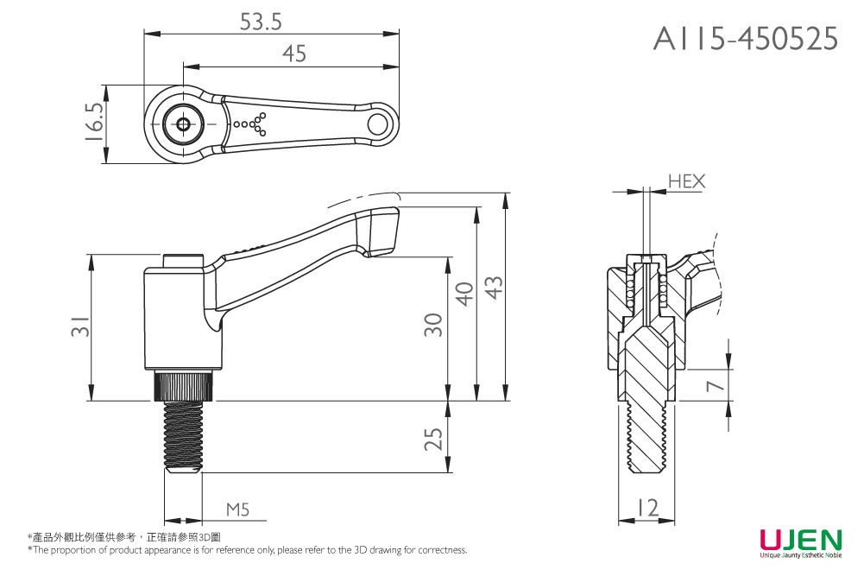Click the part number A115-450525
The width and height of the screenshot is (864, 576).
(746, 38)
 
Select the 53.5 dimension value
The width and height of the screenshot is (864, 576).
(261, 22)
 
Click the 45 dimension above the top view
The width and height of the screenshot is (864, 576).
(293, 54)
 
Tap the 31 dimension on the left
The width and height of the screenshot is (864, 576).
(79, 328)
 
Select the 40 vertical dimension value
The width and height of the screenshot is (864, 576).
(464, 294)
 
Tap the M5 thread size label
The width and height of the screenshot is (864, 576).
(237, 510)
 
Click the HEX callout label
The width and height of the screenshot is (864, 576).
(686, 181)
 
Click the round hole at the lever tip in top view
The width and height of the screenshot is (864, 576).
(378, 123)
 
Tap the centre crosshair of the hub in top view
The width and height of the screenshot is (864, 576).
(184, 124)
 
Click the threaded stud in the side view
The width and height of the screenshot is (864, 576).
(183, 436)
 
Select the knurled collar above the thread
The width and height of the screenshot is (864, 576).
(184, 385)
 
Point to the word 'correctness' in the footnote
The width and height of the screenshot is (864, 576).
(441, 550)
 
